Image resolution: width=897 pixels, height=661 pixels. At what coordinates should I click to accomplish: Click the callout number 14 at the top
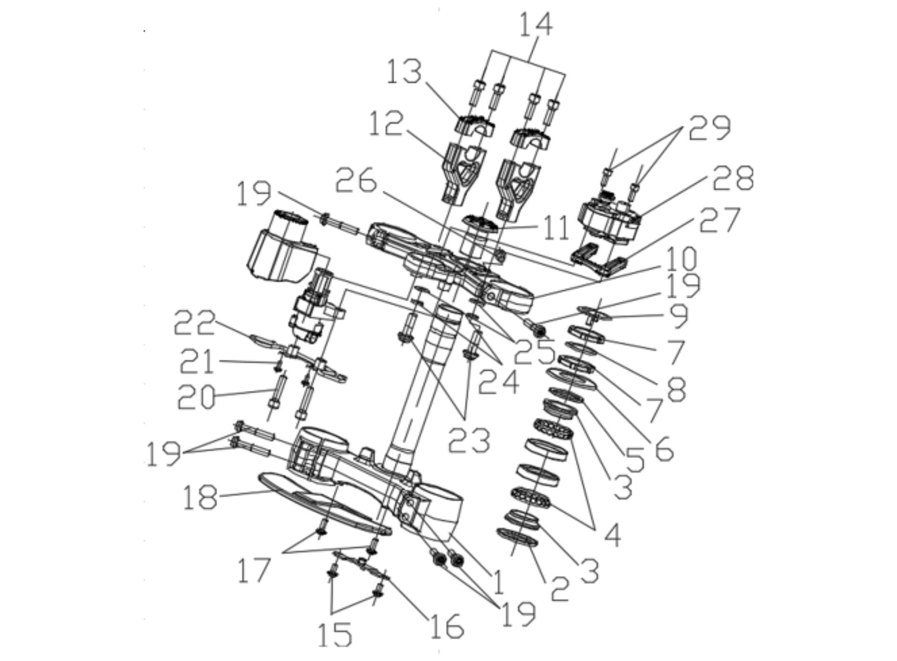coord(536,25)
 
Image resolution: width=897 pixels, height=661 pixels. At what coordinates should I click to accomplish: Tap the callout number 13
coord(404,72)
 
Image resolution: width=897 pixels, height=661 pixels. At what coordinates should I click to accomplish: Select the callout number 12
coord(386,124)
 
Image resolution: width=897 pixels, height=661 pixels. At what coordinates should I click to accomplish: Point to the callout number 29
coord(710,127)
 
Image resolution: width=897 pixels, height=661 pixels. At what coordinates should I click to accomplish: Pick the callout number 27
coord(719,220)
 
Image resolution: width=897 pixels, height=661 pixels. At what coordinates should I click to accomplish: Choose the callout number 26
coord(356,180)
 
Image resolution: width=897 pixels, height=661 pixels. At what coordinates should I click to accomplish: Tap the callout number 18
coord(200,497)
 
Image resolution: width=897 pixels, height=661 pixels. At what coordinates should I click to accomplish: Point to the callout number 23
coord(469,441)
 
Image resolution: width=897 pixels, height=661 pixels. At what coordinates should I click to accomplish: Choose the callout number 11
coord(556,229)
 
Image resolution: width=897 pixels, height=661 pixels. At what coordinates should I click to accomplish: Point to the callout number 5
coord(635,459)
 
